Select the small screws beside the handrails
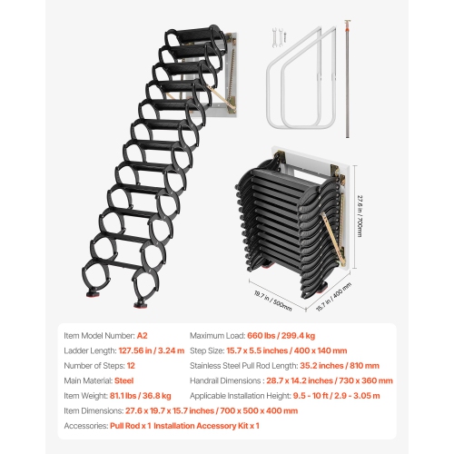[x=276, y=39]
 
